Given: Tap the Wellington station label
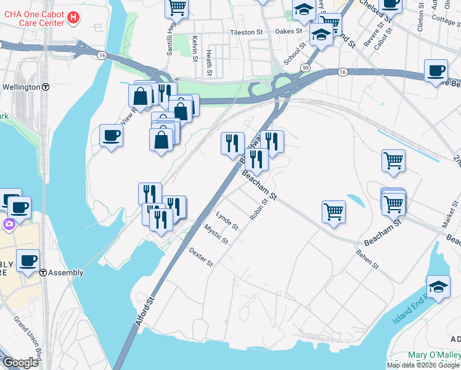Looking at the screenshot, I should (x=21, y=87).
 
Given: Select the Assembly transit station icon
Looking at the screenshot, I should (x=43, y=273).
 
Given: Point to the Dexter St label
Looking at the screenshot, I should (x=201, y=258).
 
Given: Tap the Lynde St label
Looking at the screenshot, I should (x=227, y=220).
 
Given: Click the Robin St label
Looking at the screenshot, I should (x=258, y=210).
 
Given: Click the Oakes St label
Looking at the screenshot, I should (x=288, y=31).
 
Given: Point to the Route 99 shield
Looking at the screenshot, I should (x=305, y=67).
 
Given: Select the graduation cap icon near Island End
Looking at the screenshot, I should (x=438, y=287).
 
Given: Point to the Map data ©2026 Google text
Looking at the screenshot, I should (x=423, y=365).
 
